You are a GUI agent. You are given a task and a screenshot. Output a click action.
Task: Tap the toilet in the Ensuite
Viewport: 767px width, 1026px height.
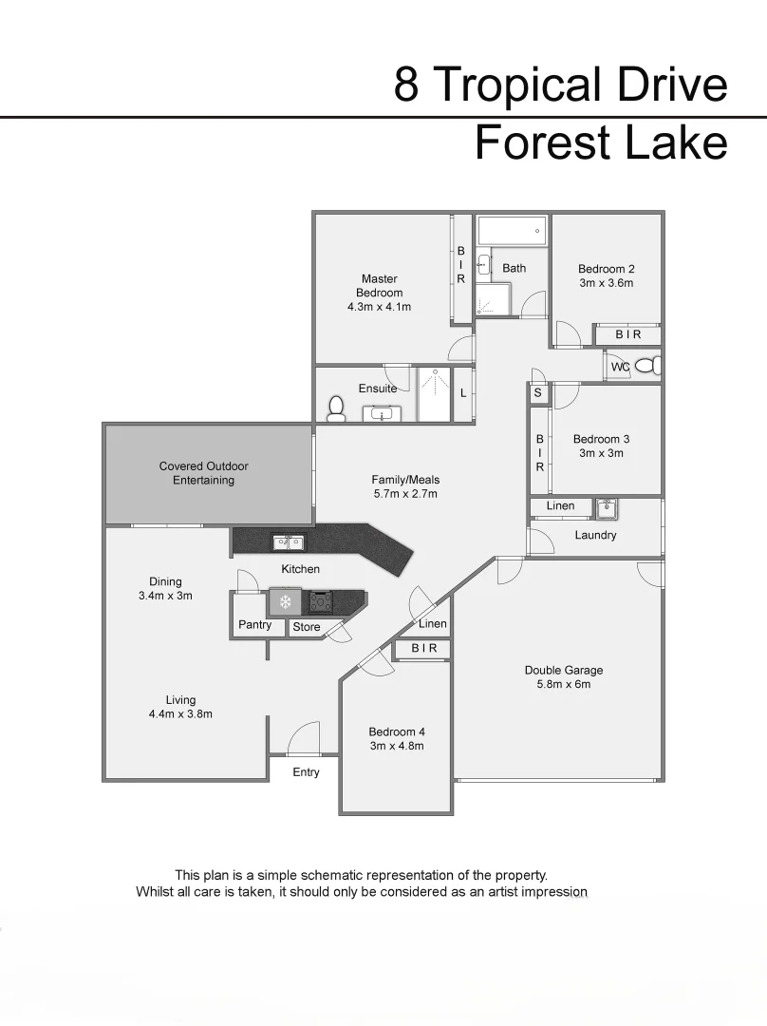[x=335, y=408]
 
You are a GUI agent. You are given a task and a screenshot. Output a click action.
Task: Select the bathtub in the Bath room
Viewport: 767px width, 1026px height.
[x=512, y=230]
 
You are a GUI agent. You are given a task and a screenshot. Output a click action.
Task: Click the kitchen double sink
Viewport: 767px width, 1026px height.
[x=289, y=542]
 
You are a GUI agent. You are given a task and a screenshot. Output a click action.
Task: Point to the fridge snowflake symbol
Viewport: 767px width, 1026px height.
[x=285, y=601]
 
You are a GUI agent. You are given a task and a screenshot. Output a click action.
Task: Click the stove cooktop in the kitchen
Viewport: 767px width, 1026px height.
[x=320, y=601]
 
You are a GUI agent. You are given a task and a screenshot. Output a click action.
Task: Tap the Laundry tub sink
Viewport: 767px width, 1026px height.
[x=608, y=508]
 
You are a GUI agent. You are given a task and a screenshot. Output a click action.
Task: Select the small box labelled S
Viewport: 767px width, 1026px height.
[x=537, y=392]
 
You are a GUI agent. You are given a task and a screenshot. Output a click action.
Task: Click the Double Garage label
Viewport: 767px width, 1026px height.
[x=564, y=670]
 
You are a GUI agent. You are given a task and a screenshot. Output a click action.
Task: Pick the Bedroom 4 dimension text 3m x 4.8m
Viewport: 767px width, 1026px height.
[x=397, y=746]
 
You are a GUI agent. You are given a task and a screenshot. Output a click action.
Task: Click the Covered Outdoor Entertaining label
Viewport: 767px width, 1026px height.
[x=204, y=473]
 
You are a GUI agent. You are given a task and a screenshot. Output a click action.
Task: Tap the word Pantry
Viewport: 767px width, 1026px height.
[x=254, y=625]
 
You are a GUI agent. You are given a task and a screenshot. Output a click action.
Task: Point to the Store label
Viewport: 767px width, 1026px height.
[x=307, y=627]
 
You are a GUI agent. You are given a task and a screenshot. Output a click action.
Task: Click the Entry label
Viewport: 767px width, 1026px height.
[x=306, y=772]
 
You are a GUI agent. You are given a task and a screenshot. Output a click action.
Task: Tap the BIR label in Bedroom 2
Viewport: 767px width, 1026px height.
[x=628, y=334]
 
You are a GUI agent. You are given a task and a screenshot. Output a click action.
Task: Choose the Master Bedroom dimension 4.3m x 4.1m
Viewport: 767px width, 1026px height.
[x=379, y=307]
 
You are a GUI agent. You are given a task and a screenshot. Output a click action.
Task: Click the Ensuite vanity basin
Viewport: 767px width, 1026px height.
[x=383, y=413]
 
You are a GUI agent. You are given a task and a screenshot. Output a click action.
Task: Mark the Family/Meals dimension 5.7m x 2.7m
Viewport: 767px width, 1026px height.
[x=405, y=494]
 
